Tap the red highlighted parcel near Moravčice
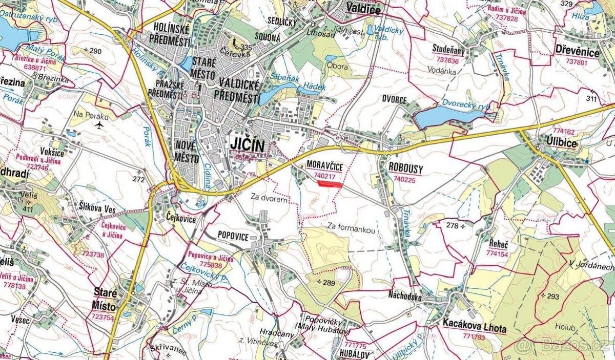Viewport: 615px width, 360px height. (330, 184)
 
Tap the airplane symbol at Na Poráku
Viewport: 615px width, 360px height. (99, 124)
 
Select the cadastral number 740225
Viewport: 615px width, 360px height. (404, 180)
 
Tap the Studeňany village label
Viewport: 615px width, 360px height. (448, 49)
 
